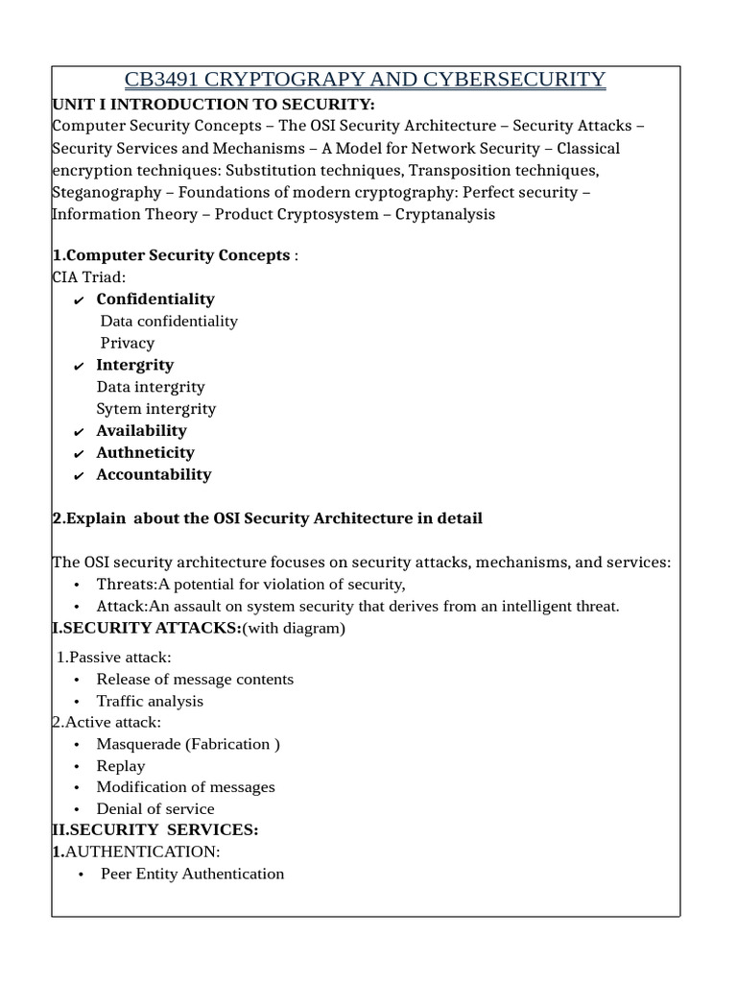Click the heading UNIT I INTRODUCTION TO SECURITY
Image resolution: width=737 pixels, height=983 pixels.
pos(213,104)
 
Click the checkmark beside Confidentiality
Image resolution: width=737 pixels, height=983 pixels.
pos(79,300)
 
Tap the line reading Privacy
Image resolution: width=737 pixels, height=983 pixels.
pos(127,343)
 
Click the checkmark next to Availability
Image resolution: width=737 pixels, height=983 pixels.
pos(79,432)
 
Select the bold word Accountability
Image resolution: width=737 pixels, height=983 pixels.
pos(154,474)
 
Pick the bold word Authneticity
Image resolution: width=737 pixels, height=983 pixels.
pos(145,452)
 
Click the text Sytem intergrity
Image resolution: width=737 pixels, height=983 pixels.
pos(155,409)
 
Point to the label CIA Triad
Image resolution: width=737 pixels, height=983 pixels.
pos(88,277)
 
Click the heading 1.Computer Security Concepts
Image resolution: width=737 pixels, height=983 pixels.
pos(171,255)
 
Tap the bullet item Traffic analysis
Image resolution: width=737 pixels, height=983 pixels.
pos(150,701)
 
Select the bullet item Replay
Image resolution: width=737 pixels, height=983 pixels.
pos(121,766)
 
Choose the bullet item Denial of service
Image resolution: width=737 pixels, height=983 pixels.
pos(155,809)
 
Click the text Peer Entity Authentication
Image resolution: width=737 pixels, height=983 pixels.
pos(192,874)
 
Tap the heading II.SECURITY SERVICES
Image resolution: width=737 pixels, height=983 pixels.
pos(155,829)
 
